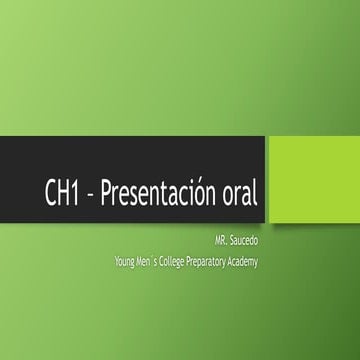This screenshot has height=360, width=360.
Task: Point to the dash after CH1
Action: coord(89,195)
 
